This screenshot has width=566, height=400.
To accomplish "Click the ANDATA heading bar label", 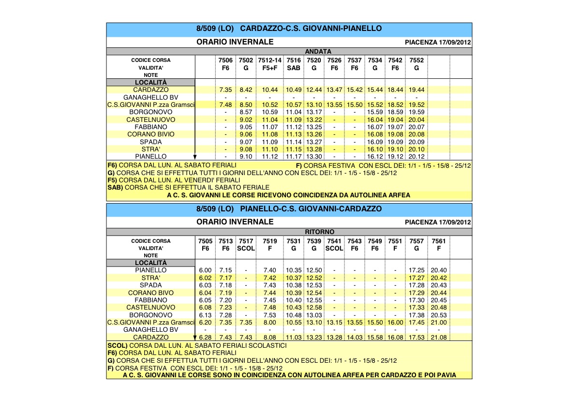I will tap(318, 51).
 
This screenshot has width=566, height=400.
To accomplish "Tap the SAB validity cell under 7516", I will tap(294, 68).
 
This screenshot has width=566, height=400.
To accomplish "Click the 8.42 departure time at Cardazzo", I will tap(246, 90).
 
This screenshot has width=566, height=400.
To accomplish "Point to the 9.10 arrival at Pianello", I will tap(246, 157).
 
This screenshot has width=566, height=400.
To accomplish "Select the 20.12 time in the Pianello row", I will tap(416, 157).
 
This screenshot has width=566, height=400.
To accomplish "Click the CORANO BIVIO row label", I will tap(151, 134).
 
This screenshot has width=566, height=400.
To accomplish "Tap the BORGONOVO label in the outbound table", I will tap(151, 112).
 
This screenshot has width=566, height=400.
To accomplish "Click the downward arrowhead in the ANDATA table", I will tap(195, 156).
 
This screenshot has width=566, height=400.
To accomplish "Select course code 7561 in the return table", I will tap(439, 241).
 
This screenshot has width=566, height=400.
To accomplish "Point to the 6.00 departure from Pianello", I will tap(206, 270).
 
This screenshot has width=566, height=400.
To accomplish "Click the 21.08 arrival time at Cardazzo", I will tap(439, 337).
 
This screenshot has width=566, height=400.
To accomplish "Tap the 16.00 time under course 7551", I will tap(395, 323).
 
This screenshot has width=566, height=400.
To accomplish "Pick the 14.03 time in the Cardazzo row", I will tap(355, 337).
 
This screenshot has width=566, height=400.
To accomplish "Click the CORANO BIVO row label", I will tap(151, 293).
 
